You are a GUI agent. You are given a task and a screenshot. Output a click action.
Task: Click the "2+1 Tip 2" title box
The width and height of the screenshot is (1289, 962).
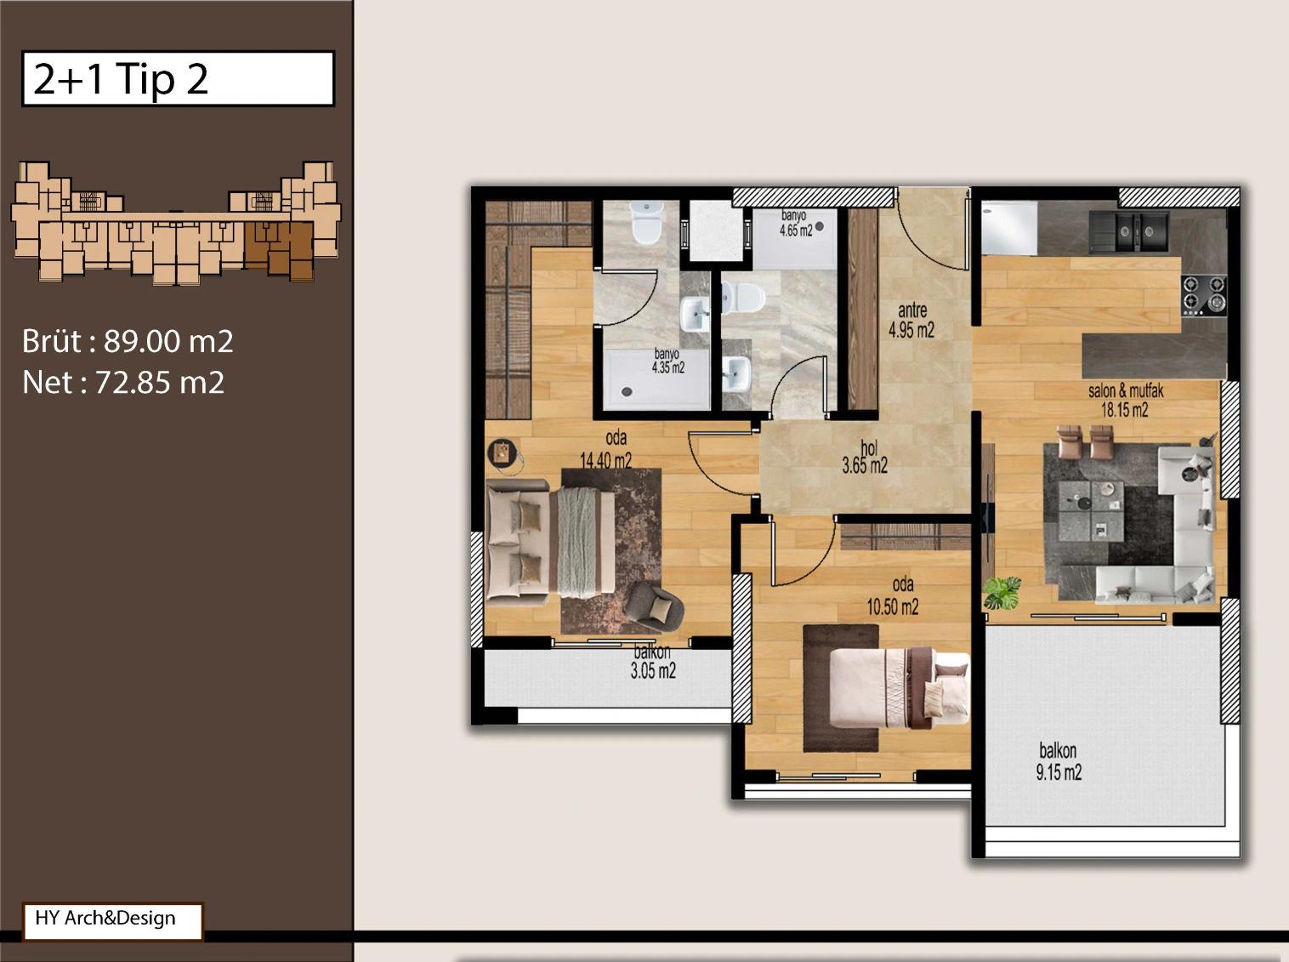(x=178, y=79)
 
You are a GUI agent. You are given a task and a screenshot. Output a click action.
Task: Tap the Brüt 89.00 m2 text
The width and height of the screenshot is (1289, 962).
(x=128, y=341)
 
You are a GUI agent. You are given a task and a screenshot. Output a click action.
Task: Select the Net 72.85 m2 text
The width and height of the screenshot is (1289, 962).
(x=123, y=383)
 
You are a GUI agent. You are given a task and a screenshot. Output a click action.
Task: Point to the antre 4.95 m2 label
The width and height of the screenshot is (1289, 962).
(x=911, y=320)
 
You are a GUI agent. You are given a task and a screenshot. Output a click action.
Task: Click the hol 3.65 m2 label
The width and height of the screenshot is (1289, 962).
(x=866, y=457)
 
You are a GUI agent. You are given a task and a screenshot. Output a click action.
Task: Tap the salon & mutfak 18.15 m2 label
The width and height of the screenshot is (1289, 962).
(x=1125, y=401)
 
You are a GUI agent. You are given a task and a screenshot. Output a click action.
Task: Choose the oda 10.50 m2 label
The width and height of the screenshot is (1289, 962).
(x=893, y=596)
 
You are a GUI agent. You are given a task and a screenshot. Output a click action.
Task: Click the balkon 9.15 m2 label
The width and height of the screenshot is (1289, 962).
(x=1059, y=762)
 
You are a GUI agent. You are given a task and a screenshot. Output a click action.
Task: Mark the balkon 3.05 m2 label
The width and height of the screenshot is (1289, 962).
(x=653, y=662)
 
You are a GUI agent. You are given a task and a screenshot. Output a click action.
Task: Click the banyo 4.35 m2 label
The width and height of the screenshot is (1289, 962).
(x=667, y=361)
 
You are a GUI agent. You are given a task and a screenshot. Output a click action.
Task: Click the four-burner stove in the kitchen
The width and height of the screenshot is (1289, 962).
(x=1204, y=295)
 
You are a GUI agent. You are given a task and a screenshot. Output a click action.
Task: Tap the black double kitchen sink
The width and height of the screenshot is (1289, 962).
(x=1129, y=231)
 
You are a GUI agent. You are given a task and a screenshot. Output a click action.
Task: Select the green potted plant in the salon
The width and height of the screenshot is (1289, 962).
(x=1002, y=593)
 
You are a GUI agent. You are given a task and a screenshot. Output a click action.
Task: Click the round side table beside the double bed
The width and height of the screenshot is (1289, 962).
(x=503, y=454)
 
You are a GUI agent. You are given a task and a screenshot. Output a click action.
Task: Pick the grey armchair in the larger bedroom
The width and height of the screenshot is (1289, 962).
(x=653, y=607)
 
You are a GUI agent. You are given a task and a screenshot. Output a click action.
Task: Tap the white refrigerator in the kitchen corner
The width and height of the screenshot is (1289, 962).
(x=1009, y=228)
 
